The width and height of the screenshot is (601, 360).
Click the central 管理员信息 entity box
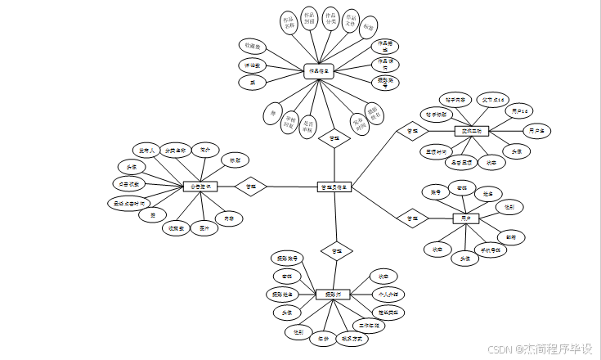[x=334, y=187]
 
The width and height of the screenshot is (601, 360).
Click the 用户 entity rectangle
[x=466, y=218]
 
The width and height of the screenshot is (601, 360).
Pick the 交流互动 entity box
[x=470, y=130]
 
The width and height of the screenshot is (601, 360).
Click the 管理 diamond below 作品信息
[x=334, y=138]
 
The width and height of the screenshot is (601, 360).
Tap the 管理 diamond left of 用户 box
[x=412, y=218]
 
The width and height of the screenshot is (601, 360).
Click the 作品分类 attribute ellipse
[x=330, y=19]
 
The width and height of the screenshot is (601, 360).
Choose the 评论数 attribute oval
[x=252, y=64]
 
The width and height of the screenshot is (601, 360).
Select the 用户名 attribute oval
[x=536, y=130]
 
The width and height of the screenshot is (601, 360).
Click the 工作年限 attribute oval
[x=372, y=326]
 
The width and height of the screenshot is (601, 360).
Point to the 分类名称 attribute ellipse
[x=173, y=151]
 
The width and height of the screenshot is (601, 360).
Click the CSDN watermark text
[x=540, y=349]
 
